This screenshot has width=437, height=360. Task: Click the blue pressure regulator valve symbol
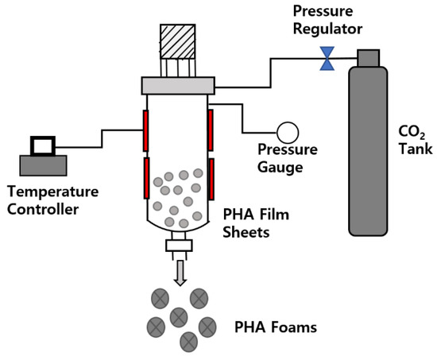pyautogui.click(x=326, y=56)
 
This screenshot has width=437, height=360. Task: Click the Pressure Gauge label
pyautogui.click(x=288, y=157)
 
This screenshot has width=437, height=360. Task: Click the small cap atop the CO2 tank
pyautogui.click(x=368, y=57)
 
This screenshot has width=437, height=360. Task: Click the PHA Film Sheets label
pyautogui.click(x=257, y=224)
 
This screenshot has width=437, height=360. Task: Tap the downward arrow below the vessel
pyautogui.click(x=180, y=272)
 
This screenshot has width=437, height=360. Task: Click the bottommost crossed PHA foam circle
pyautogui.click(x=188, y=342)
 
